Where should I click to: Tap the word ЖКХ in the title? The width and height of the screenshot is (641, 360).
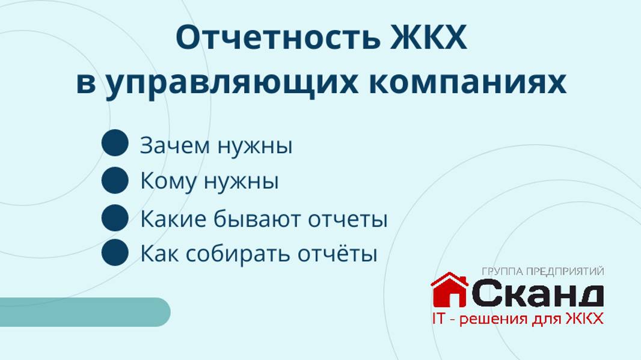click(x=429, y=38)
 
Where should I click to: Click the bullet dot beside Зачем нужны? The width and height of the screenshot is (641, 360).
click(x=115, y=144)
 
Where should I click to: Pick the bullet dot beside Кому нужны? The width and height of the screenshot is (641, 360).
click(x=115, y=180)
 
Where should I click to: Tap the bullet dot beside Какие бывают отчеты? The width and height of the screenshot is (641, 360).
click(x=115, y=218)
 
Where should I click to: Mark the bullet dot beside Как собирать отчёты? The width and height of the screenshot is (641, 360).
click(x=115, y=252)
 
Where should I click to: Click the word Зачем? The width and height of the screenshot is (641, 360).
click(x=175, y=145)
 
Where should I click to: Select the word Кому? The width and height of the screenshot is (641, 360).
click(x=168, y=181)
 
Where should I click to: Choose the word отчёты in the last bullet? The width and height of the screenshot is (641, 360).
click(x=338, y=254)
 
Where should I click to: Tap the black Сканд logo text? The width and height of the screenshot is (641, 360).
click(x=537, y=294)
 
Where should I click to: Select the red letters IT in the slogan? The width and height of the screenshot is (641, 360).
click(x=438, y=318)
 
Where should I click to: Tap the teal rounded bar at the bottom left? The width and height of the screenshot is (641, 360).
click(x=84, y=312)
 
